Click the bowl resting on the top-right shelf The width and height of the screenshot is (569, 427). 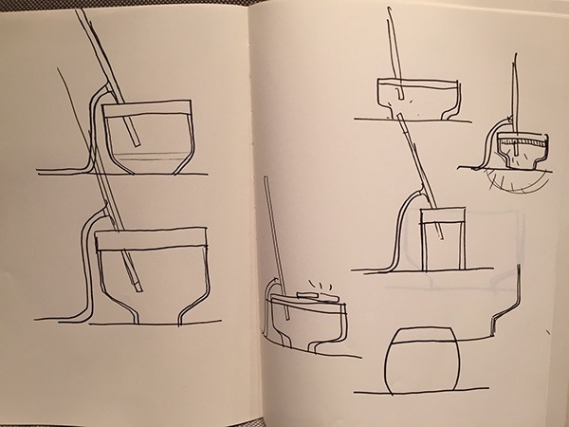coord(417,95)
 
